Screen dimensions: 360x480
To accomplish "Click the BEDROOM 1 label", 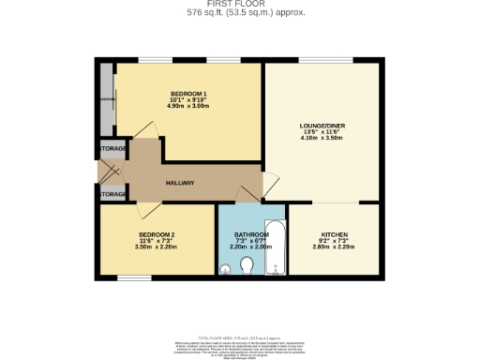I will [188, 93].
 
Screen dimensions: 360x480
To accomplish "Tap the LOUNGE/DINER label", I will [322, 125].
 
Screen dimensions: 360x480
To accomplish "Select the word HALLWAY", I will [179, 182].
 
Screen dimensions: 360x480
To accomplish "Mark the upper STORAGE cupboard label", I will [112, 149].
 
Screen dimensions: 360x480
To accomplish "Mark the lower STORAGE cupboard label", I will [112, 194].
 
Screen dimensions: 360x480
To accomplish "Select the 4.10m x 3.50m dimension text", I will [322, 138].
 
